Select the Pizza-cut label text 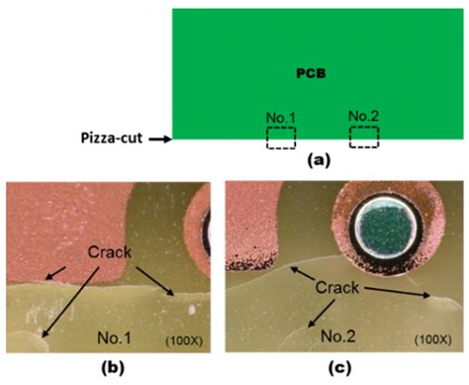tap(109, 140)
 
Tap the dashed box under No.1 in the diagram tap(281, 138)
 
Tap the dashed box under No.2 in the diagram tap(364, 137)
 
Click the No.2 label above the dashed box tap(364, 118)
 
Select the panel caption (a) tap(317, 159)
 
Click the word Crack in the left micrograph tap(108, 251)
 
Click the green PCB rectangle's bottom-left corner tap(173, 140)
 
